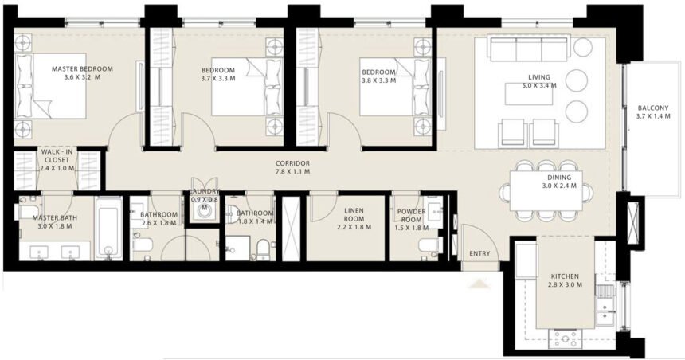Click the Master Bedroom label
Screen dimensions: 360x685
pos(82,69)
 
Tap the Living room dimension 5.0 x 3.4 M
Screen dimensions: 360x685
pos(538,86)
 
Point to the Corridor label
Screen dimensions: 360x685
pos(292,163)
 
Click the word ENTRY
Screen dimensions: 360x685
pos(479,253)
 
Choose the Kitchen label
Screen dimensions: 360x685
pos(569,278)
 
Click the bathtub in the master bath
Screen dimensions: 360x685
pos(108,230)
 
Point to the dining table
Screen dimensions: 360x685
pos(546,191)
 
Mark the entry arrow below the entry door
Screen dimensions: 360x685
pos(479,280)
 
